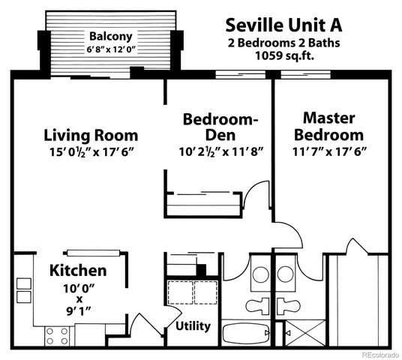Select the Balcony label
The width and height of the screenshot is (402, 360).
(x=110, y=36)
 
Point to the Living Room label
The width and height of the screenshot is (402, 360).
(x=90, y=136)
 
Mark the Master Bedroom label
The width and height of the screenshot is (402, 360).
(x=329, y=127)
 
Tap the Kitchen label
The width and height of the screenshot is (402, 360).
(x=78, y=270)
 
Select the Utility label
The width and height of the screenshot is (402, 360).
(x=193, y=326)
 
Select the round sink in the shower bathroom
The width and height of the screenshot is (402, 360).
(x=288, y=274)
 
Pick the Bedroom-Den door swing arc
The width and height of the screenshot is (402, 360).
(x=259, y=193)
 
